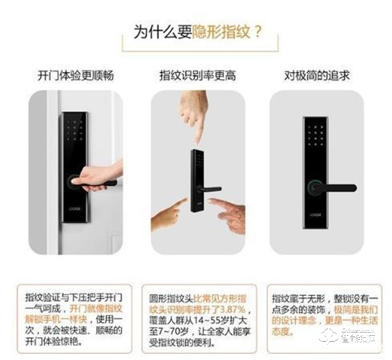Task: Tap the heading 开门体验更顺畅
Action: (76, 75)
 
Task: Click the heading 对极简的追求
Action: (317, 75)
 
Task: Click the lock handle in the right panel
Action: (337, 188)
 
